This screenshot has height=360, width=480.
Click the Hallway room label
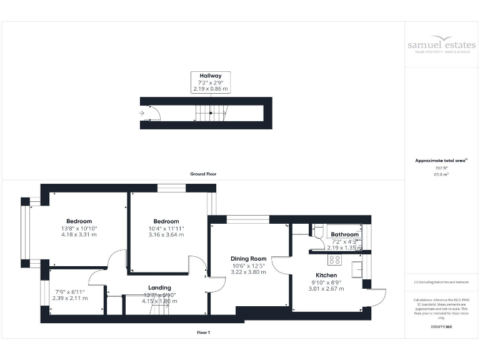click(x=211, y=76)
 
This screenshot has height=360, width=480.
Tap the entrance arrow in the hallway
click(x=142, y=113)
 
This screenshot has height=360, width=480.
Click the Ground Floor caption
click(x=203, y=174)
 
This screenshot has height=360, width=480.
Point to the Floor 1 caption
click(x=203, y=332)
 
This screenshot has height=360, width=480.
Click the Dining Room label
click(x=249, y=259)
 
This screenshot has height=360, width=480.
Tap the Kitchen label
click(x=326, y=275)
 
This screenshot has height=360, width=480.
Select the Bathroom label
click(x=344, y=235)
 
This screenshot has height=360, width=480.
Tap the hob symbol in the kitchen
click(x=334, y=260)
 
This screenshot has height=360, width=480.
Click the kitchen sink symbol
click(x=357, y=269)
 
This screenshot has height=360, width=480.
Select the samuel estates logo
click(x=441, y=46)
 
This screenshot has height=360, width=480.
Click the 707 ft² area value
click(x=441, y=168)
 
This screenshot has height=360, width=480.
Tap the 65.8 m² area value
click(x=441, y=175)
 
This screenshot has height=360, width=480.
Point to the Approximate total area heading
click(x=441, y=161)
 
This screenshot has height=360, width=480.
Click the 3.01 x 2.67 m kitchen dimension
click(x=326, y=289)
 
